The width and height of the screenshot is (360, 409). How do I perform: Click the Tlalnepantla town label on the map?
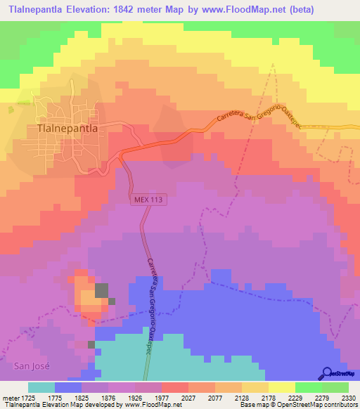[71, 129]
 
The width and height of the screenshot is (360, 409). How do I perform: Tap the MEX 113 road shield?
[148, 200]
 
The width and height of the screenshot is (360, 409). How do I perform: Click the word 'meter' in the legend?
[11, 398]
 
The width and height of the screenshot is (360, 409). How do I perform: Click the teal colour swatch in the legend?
[41, 387]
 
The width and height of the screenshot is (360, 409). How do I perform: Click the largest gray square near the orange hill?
[103, 290]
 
